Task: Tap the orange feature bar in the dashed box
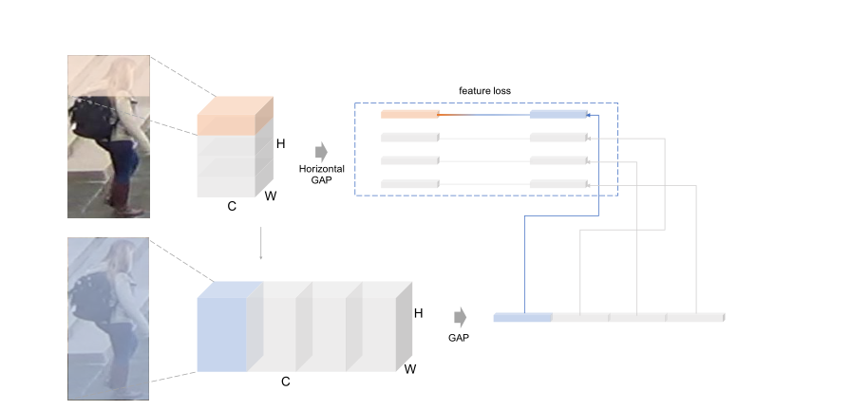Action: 409,115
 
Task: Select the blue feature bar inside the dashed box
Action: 558,115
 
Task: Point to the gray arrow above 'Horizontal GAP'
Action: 320,150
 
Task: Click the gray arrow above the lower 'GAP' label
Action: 460,316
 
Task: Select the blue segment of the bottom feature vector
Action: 523,316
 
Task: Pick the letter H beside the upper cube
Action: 280,144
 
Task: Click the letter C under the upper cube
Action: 231,205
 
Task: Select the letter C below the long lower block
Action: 285,382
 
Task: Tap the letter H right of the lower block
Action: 419,312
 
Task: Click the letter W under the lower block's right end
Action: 410,367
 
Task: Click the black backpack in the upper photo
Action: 91,119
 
